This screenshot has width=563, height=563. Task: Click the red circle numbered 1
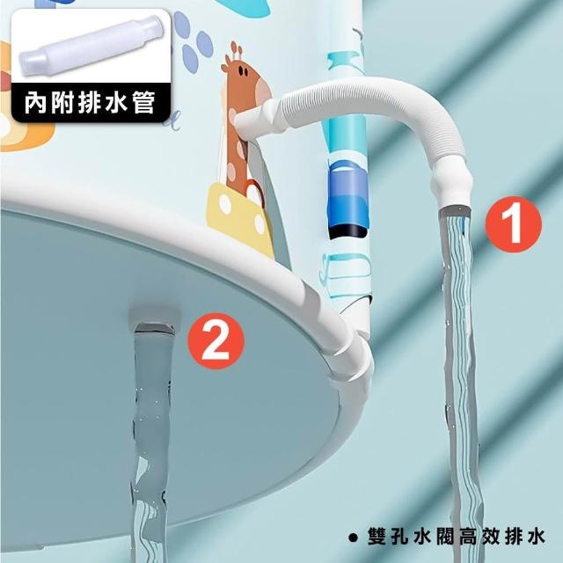(x=513, y=224)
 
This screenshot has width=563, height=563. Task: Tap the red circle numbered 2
(x=216, y=341)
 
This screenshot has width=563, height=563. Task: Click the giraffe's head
(x=242, y=78)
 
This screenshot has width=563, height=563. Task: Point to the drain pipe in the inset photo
(x=91, y=46)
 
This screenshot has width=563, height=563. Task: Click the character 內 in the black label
(x=35, y=103)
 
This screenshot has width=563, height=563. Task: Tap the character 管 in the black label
(x=143, y=103)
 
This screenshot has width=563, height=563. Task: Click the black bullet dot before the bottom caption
(x=354, y=537)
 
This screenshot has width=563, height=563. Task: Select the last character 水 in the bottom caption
(x=536, y=537)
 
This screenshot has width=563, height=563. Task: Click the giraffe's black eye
(x=245, y=71)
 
